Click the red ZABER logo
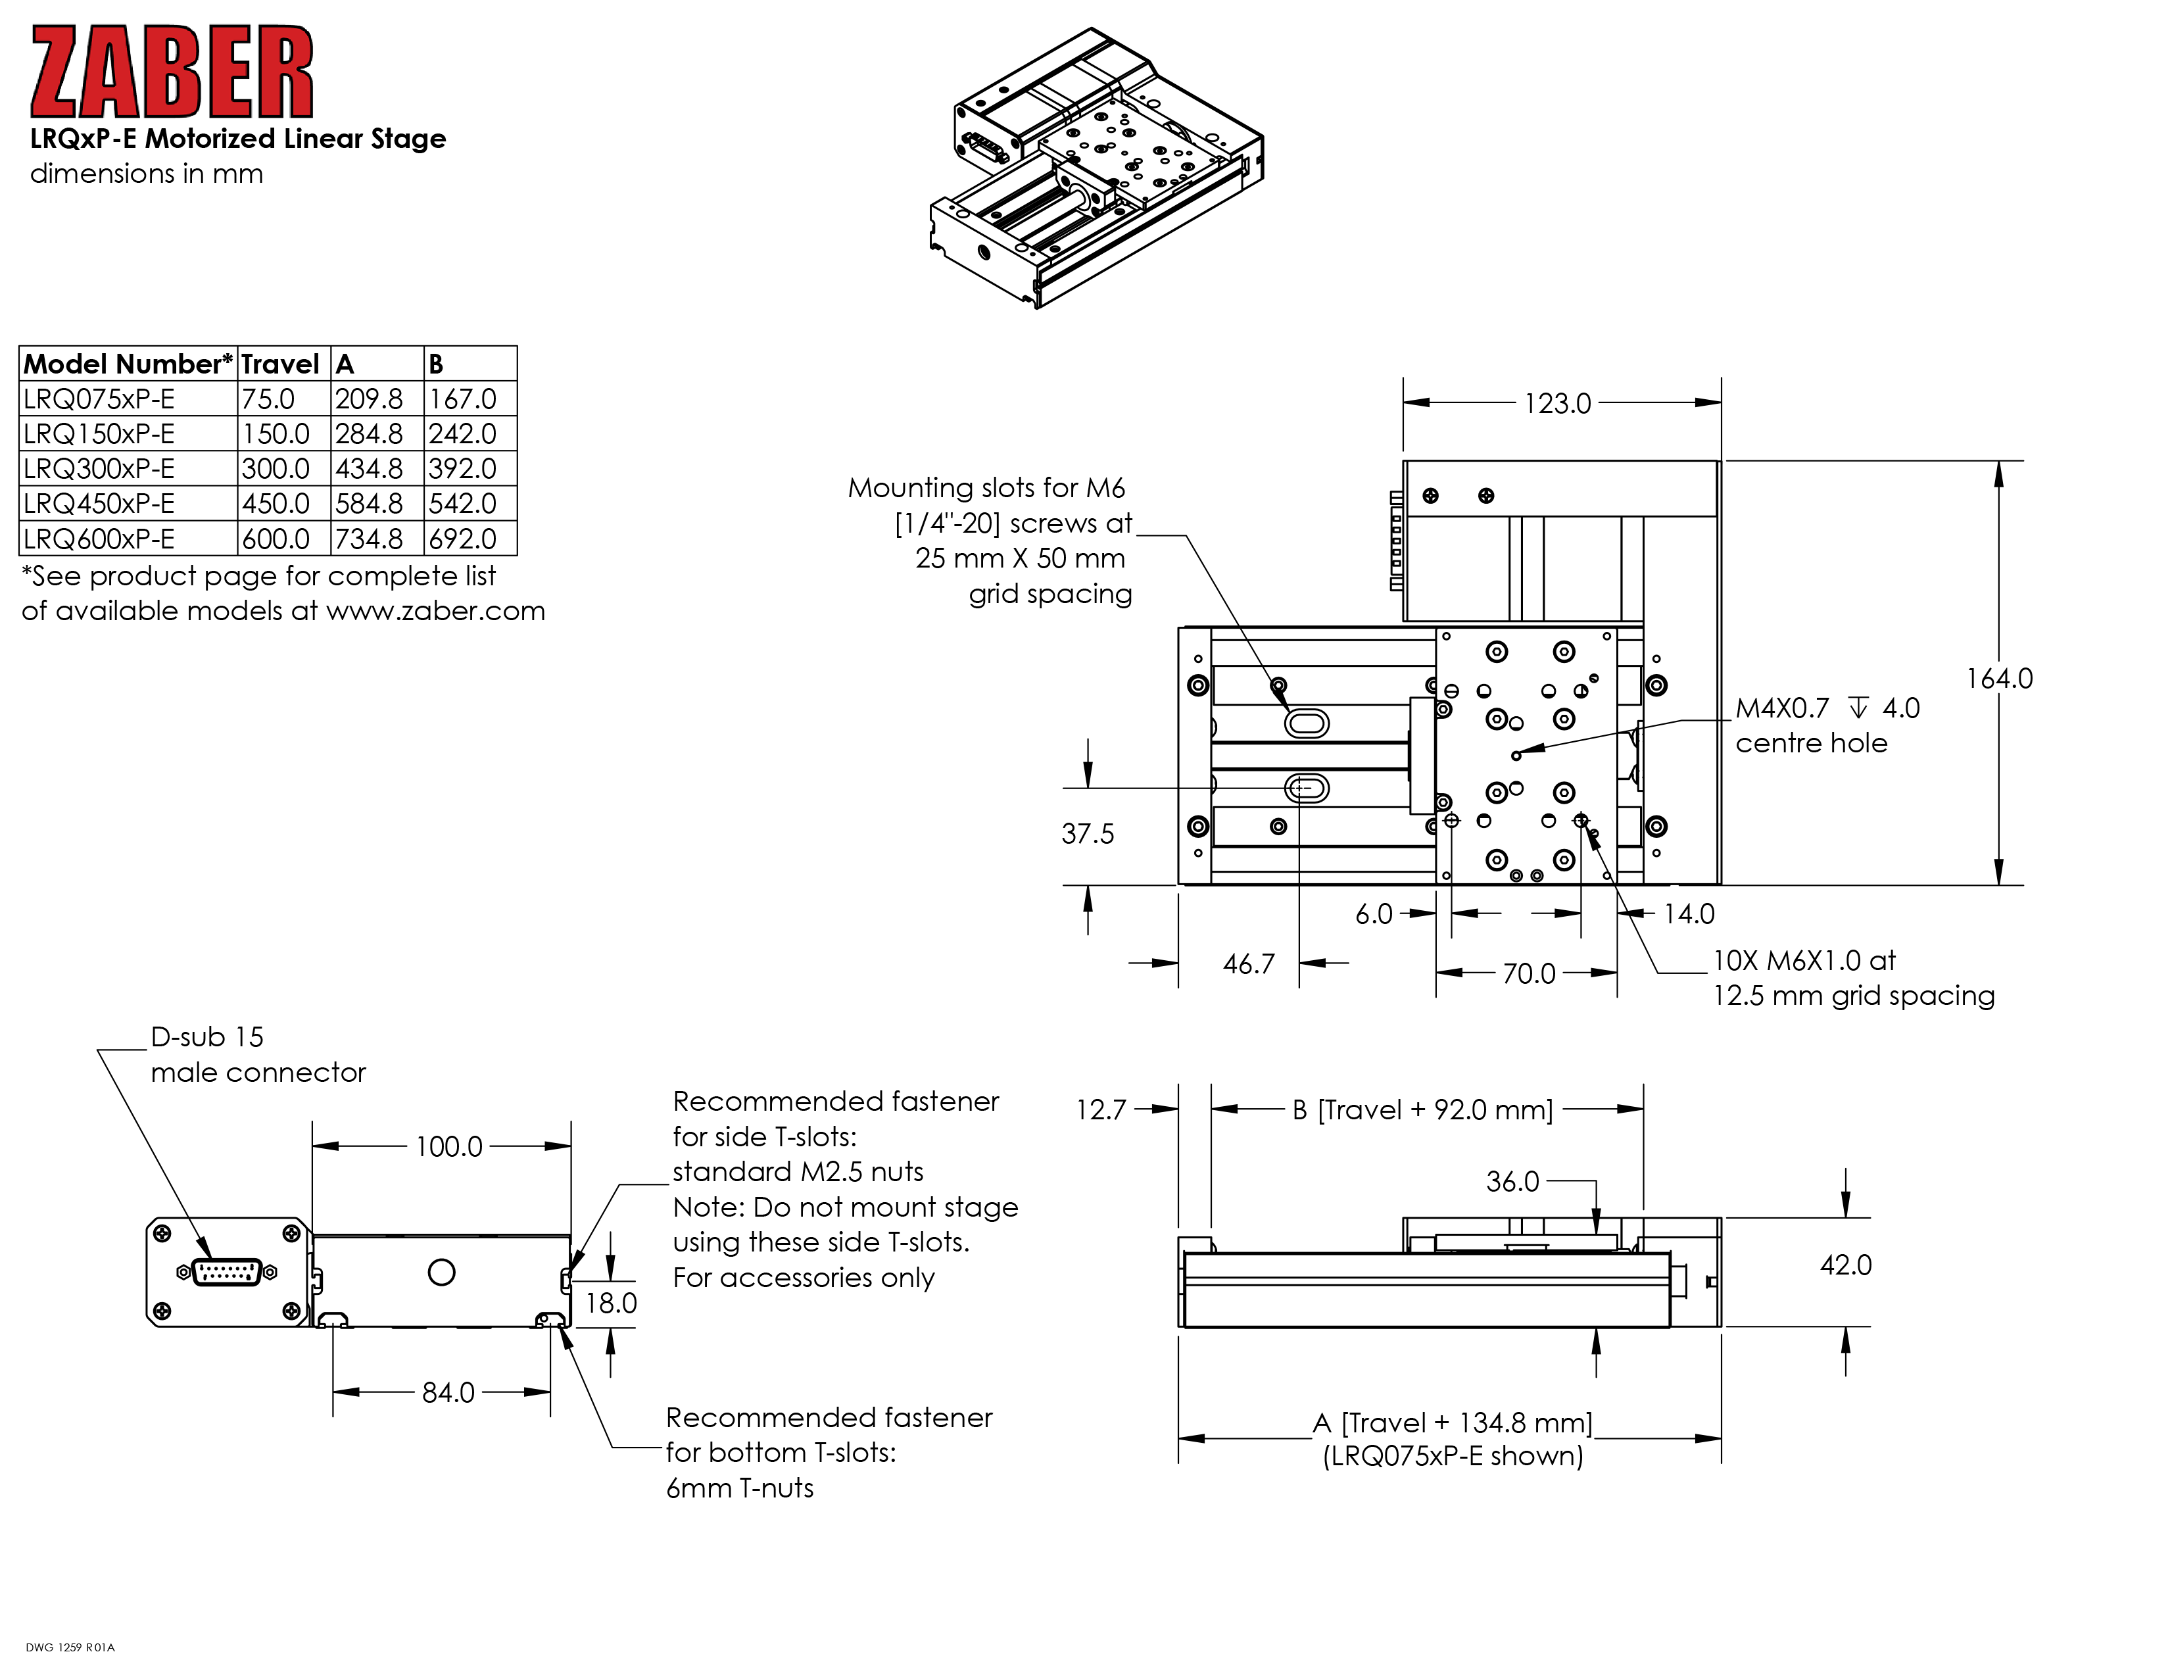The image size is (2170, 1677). (x=172, y=72)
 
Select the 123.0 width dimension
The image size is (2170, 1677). (x=1557, y=403)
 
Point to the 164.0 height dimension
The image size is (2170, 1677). (x=1999, y=679)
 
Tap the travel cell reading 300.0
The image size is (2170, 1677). (x=276, y=469)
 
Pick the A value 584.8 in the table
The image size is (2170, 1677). (x=369, y=504)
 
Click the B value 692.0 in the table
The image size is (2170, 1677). (x=462, y=539)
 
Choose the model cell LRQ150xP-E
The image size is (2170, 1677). (x=99, y=434)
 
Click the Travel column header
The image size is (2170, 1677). (x=280, y=364)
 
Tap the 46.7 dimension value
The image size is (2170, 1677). (x=1248, y=963)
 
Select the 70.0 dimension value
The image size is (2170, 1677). (x=1528, y=973)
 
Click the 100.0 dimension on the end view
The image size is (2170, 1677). (x=448, y=1146)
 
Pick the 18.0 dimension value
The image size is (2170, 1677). (x=611, y=1302)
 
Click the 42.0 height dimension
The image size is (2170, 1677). (x=1845, y=1265)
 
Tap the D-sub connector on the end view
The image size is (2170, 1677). (x=227, y=1272)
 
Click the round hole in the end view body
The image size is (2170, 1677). (x=441, y=1272)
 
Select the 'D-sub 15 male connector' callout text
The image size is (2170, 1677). (x=257, y=1054)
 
